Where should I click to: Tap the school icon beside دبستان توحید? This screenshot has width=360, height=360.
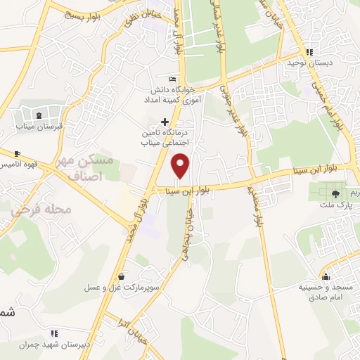(309, 52)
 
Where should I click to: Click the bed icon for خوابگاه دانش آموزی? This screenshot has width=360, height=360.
(173, 79)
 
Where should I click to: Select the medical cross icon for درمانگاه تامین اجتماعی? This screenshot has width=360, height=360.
(166, 121)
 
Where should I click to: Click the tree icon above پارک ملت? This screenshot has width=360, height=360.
(335, 193)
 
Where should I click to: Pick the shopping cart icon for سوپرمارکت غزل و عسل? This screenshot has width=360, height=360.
(123, 277)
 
